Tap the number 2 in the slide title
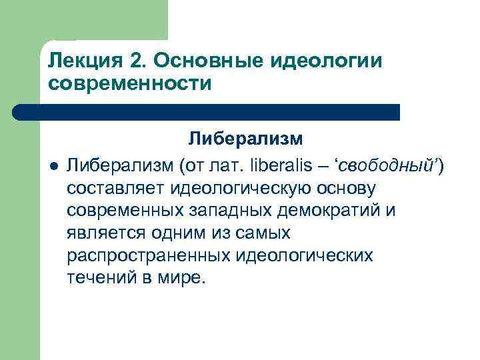(137, 62)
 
